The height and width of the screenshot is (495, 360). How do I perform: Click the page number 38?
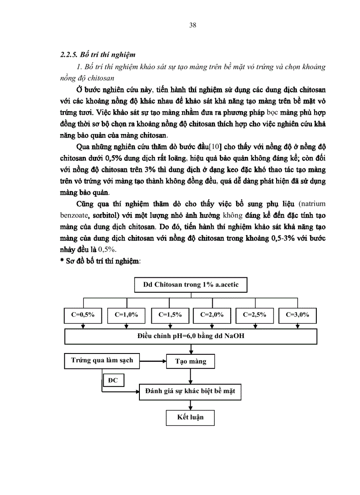pyautogui.click(x=192, y=25)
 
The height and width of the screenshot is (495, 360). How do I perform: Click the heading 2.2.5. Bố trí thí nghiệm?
pyautogui.click(x=97, y=55)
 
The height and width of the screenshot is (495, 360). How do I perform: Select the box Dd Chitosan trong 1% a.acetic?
pyautogui.click(x=191, y=285)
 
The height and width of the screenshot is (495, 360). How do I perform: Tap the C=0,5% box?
pyautogui.click(x=83, y=315)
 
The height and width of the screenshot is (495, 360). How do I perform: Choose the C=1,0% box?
pyautogui.click(x=127, y=315)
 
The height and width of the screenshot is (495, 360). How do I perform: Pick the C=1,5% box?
pyautogui.click(x=170, y=315)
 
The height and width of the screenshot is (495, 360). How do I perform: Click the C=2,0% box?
pyautogui.click(x=212, y=315)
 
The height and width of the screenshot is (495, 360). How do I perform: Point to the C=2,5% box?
pyautogui.click(x=255, y=315)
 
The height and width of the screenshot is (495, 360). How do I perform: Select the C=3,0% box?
pyautogui.click(x=298, y=315)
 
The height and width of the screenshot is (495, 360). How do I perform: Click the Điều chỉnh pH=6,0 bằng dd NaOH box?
pyautogui.click(x=191, y=337)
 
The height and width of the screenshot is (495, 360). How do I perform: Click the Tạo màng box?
pyautogui.click(x=191, y=361)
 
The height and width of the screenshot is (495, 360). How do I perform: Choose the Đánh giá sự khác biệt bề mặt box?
pyautogui.click(x=190, y=391)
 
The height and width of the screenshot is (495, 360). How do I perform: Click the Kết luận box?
pyautogui.click(x=190, y=417)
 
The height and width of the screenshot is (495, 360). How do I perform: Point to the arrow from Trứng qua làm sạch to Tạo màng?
pyautogui.click(x=153, y=361)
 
